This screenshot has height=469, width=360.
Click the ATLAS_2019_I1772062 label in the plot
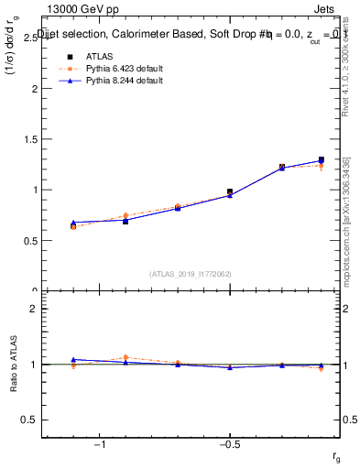pos(191,273)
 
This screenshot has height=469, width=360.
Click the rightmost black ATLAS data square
pos(321,160)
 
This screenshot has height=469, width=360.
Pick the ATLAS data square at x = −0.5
pos(230,192)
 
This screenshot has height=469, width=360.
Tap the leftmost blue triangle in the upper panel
pos(73,223)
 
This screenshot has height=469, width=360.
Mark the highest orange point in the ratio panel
pos(125,357)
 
